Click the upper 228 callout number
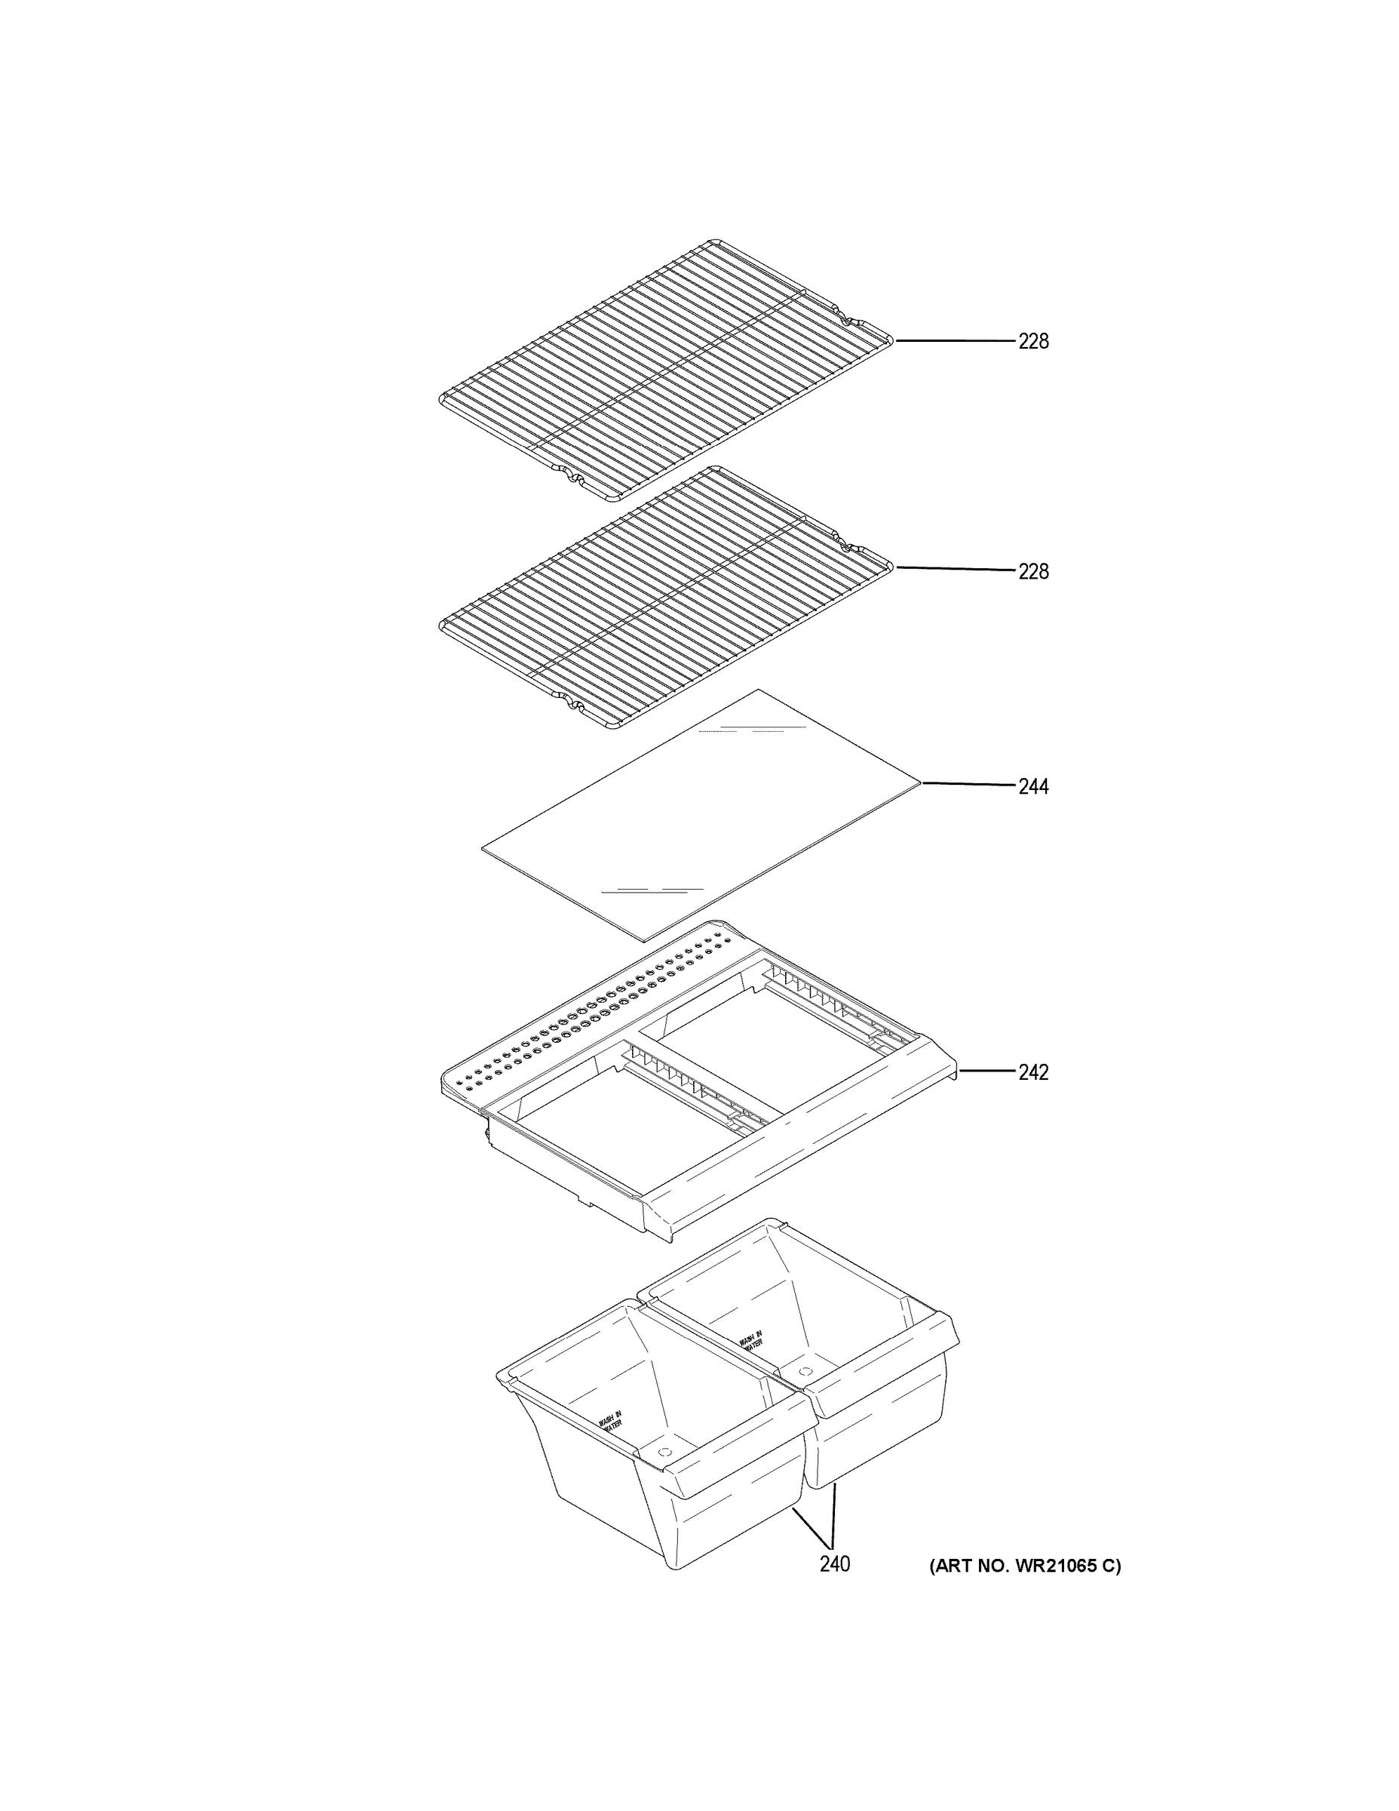[1032, 341]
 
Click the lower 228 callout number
[1032, 571]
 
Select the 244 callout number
[1032, 786]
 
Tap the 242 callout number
[1032, 1072]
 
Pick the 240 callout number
[835, 1564]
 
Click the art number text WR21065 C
[1024, 1566]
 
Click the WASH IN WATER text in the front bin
[611, 1422]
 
